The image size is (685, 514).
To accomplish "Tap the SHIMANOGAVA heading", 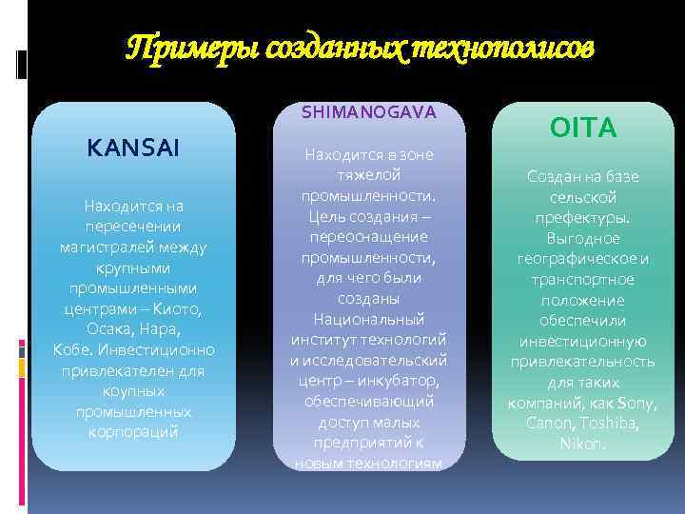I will pos(369,112).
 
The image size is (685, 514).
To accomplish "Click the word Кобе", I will pos(73,349).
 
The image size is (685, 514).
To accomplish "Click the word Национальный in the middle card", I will pos(369,318).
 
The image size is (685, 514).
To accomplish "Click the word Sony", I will pos(636,403).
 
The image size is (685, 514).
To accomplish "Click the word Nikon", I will pos(583,444).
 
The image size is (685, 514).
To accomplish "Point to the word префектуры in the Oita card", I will pos(583,217).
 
